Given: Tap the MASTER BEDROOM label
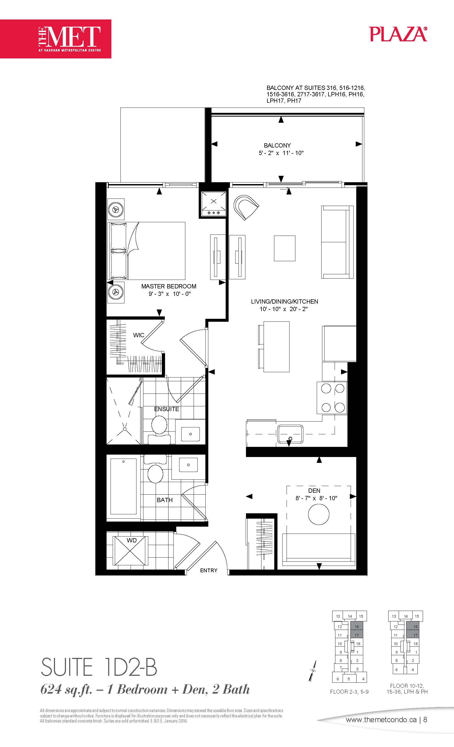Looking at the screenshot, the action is pyautogui.click(x=169, y=286).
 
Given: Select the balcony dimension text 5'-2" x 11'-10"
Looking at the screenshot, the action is pyautogui.click(x=281, y=153).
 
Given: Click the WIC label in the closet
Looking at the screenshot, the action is pyautogui.click(x=139, y=335).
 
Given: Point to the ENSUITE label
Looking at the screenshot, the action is pyautogui.click(x=167, y=409).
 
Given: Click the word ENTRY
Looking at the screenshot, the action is pyautogui.click(x=209, y=571).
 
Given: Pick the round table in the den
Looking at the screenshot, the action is pyautogui.click(x=319, y=514).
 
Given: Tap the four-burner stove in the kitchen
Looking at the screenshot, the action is pyautogui.click(x=332, y=398).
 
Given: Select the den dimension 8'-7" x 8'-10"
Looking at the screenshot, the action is pyautogui.click(x=316, y=498).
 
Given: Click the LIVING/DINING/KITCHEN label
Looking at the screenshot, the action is pyautogui.click(x=285, y=302).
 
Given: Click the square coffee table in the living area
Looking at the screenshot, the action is pyautogui.click(x=285, y=248).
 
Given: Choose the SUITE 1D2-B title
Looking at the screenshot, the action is pyautogui.click(x=99, y=667).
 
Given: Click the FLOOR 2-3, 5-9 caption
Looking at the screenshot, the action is pyautogui.click(x=349, y=692).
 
